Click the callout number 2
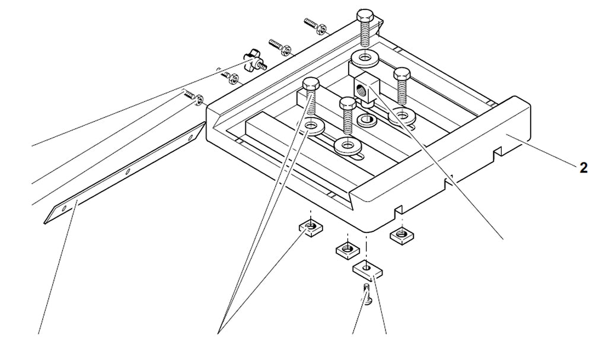(584, 168)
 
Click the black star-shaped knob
(254, 60)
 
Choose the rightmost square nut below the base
(401, 235)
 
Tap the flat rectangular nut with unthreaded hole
(368, 270)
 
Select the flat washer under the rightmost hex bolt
(403, 113)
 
